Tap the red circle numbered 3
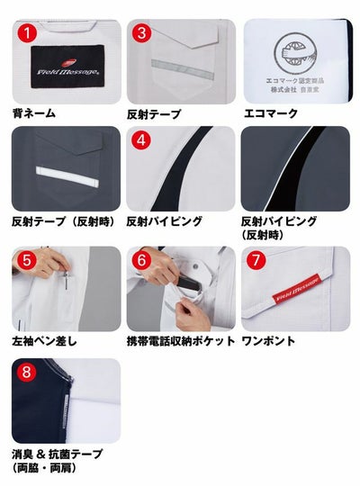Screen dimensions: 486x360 click(x=141, y=33)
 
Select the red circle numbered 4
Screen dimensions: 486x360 click(x=141, y=141)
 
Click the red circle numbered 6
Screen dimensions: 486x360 click(x=141, y=260)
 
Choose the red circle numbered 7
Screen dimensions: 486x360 click(x=256, y=260)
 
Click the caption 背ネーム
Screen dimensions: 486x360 click(x=34, y=114)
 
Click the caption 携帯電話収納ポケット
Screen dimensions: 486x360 click(x=181, y=341)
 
